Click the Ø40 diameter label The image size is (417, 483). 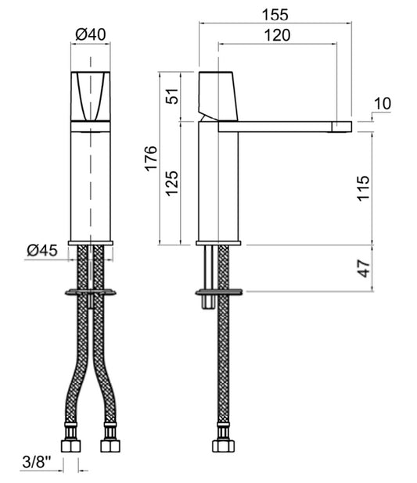(x=91, y=34)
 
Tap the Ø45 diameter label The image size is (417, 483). (x=42, y=250)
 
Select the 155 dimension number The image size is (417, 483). (x=275, y=15)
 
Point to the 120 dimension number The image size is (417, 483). (x=277, y=35)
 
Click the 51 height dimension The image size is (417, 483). (x=172, y=96)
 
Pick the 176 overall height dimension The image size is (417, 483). (x=151, y=159)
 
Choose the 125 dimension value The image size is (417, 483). (x=172, y=183)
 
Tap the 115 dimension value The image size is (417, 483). (x=363, y=188)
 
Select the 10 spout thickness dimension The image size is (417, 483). (x=383, y=103)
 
